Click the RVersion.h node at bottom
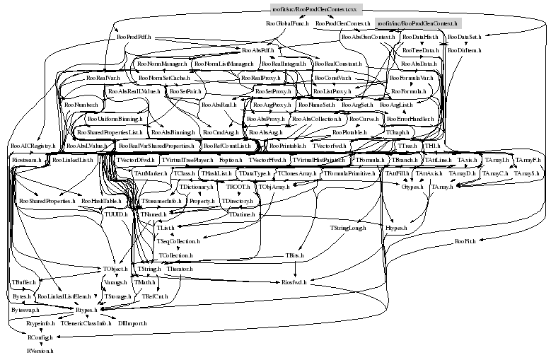click(40, 350)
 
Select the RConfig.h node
click(31, 337)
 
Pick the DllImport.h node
click(132, 323)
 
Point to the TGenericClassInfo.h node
click(86, 323)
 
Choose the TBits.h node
click(294, 255)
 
